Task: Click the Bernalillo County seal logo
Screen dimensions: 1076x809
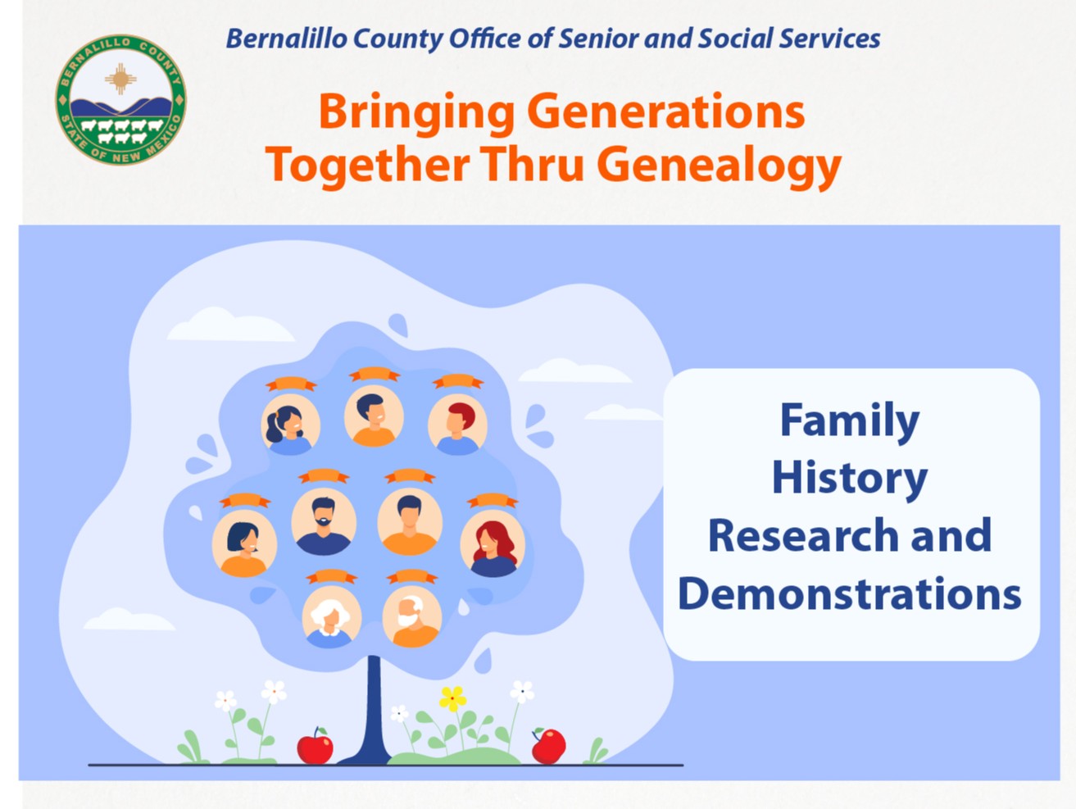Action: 120,99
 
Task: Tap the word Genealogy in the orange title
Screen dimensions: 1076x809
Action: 719,166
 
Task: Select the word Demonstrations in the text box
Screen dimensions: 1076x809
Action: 850,593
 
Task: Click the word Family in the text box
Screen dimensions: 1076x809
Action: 850,421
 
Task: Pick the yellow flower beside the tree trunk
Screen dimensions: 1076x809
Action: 452,698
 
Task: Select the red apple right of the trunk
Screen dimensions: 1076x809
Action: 548,746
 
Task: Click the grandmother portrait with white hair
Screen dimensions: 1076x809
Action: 331,617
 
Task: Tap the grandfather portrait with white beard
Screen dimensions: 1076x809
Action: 411,617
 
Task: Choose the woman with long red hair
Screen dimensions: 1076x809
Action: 493,543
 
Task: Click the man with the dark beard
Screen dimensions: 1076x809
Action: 324,521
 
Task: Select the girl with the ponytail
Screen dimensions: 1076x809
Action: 291,425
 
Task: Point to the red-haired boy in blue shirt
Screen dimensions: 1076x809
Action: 457,425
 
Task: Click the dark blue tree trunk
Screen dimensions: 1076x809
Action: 373,711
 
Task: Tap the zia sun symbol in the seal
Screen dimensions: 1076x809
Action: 120,79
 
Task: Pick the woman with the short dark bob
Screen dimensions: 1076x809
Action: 244,543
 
